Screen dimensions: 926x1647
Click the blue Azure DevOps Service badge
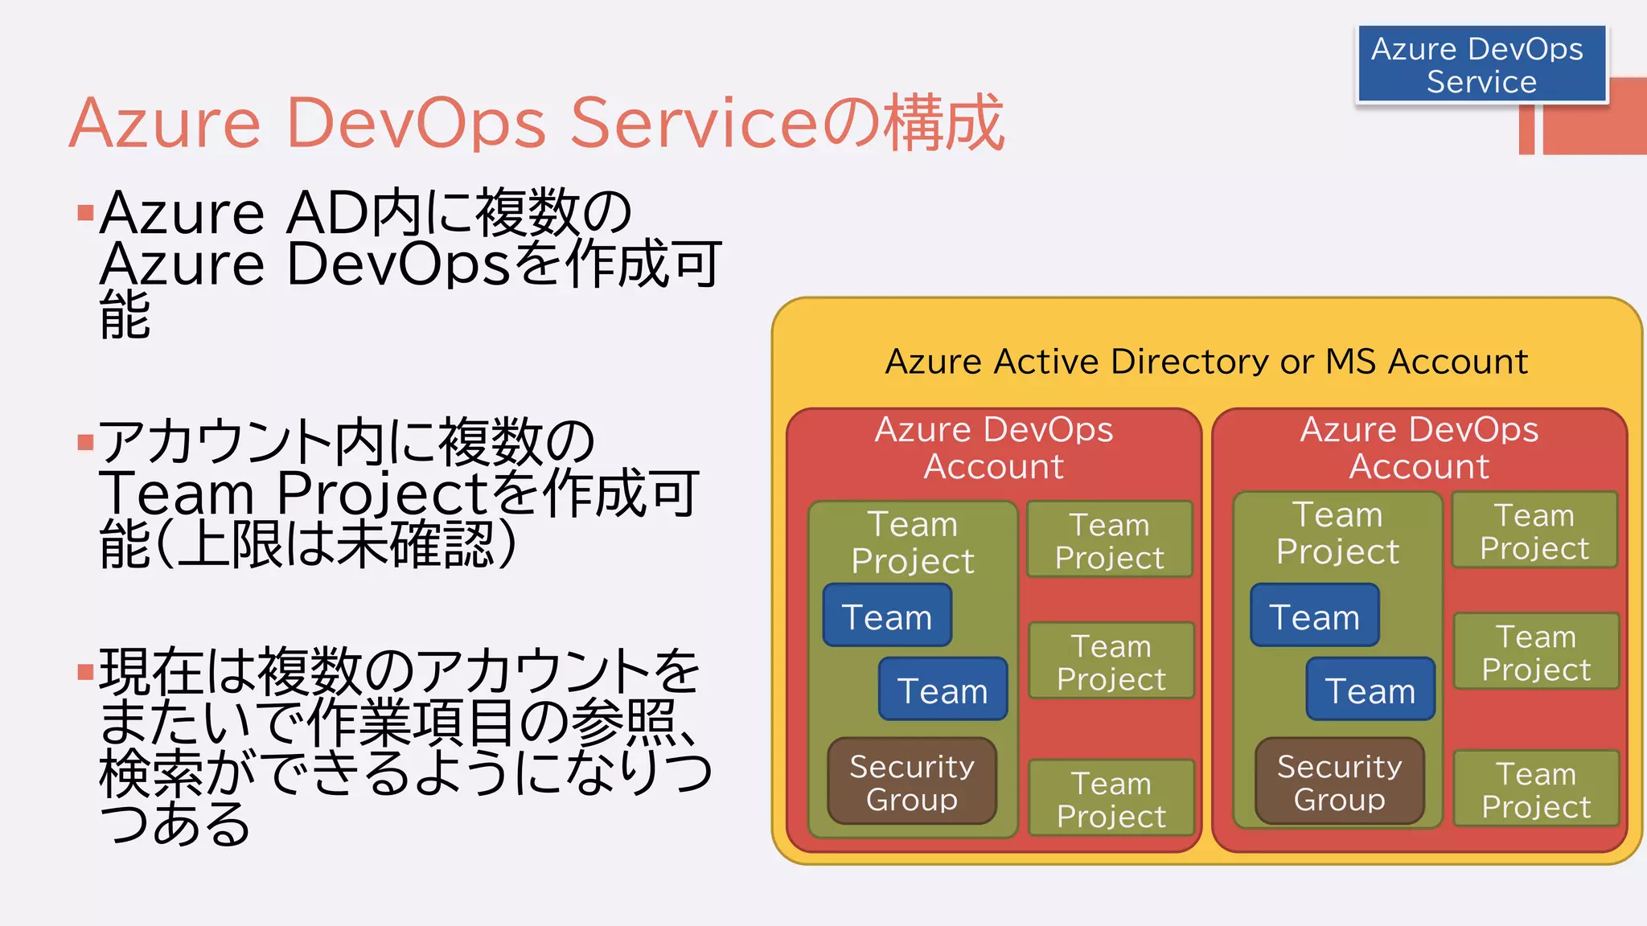coord(1481,64)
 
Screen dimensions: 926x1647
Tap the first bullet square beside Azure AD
coord(85,213)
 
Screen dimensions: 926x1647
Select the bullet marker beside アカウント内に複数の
coord(85,443)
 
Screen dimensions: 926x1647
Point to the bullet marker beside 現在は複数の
coord(85,671)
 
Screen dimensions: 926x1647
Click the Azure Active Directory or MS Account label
coord(1205,362)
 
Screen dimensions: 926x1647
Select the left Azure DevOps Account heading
coord(993,448)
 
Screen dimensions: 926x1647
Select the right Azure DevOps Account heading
coord(1419,448)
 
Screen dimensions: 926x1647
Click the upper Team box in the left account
coord(887,617)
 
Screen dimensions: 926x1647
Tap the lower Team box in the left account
coord(943,690)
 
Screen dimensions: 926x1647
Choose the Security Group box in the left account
coord(912,782)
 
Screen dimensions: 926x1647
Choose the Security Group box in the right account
coord(1339,782)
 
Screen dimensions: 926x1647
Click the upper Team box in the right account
coord(1314,617)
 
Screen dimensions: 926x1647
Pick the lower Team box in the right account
coord(1370,690)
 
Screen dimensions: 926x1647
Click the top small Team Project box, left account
coord(1109,540)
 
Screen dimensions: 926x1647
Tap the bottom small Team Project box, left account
coord(1111,799)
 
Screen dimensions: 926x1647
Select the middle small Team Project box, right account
coord(1536,652)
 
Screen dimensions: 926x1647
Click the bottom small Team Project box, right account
coord(1536,789)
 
